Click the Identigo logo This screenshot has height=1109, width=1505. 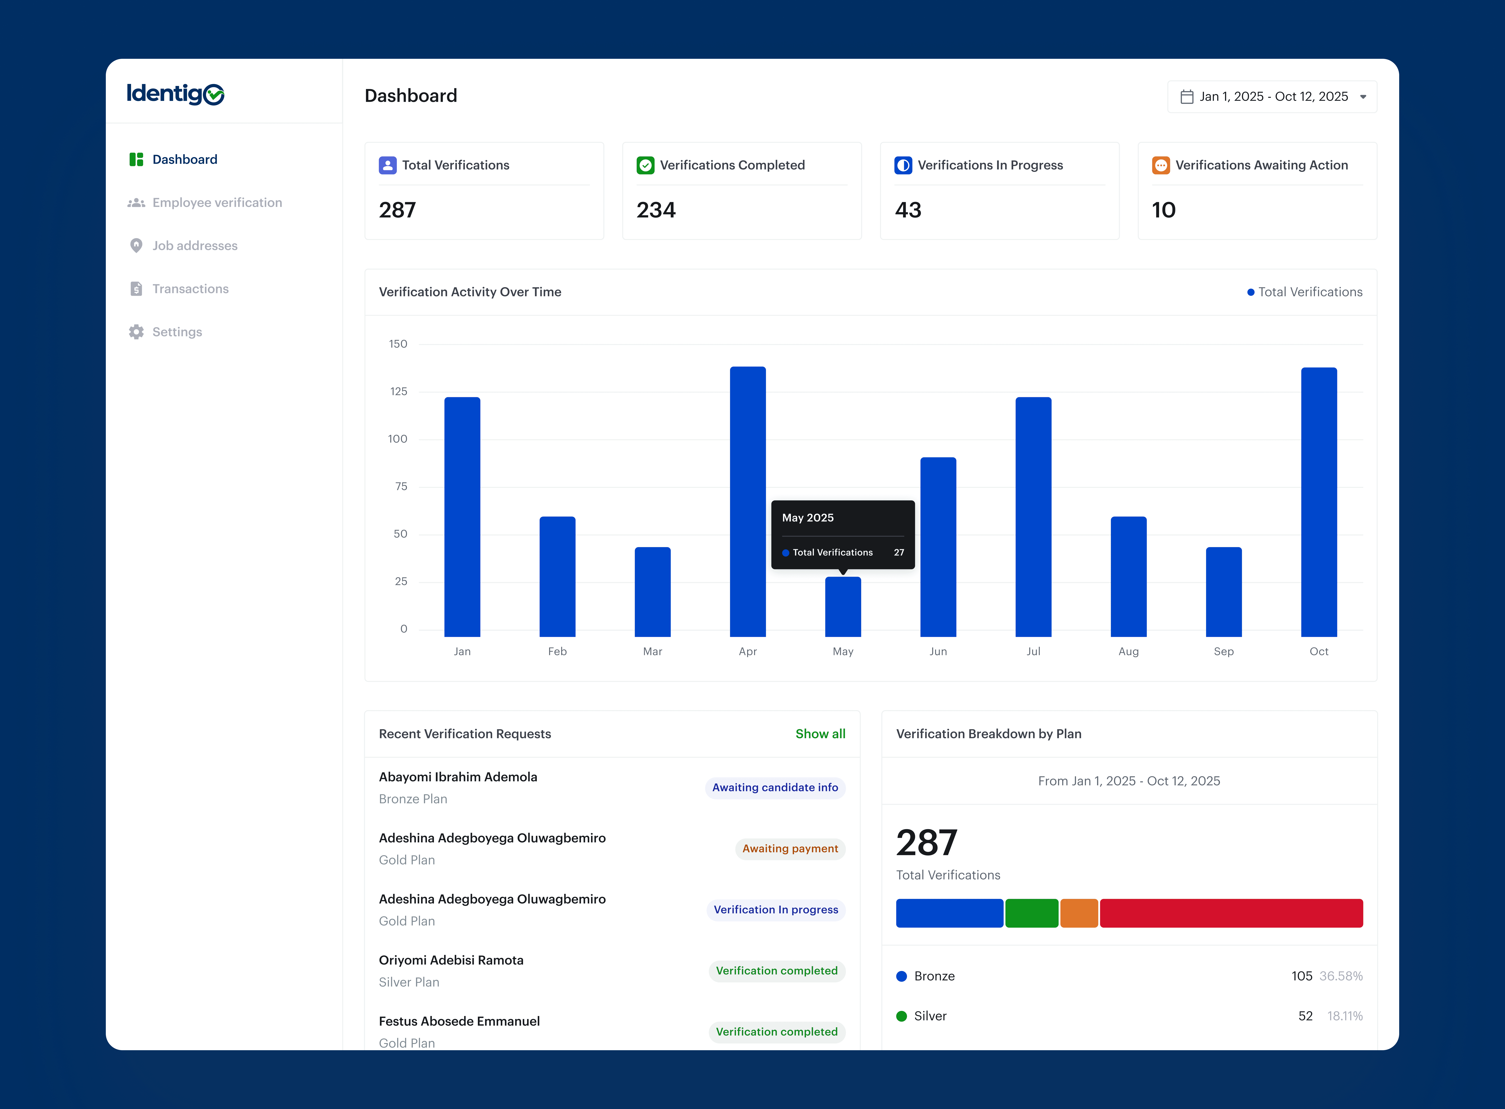tap(175, 94)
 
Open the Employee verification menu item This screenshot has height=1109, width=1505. tap(217, 203)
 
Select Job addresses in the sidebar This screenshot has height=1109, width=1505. tap(195, 246)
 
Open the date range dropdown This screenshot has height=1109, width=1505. tap(1272, 97)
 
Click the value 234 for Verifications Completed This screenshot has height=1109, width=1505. tap(656, 210)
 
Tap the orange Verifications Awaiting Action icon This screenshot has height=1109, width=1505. tap(1161, 165)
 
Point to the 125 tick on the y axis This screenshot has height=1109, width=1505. tap(399, 391)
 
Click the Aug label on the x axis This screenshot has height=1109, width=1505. tap(1128, 651)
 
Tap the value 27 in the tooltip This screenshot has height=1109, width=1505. tap(899, 552)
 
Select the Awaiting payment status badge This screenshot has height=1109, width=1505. tap(790, 848)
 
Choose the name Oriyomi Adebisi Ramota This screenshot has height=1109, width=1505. tap(451, 960)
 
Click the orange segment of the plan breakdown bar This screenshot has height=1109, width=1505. tap(1079, 913)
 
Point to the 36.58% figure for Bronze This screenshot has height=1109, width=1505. tap(1341, 976)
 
